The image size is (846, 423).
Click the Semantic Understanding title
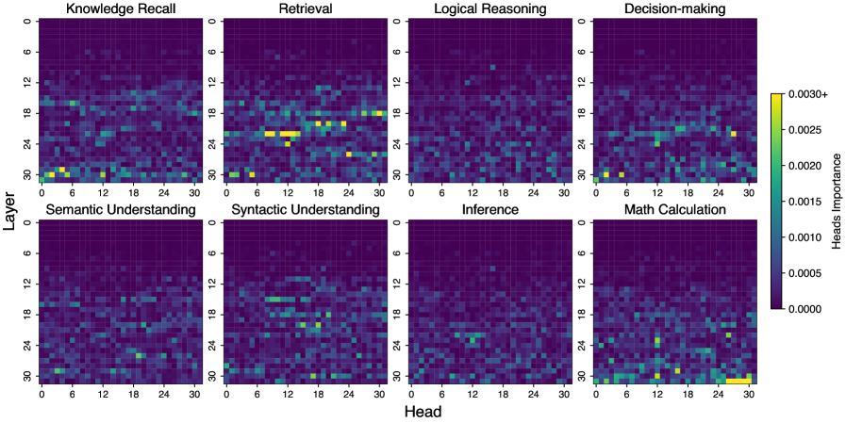pos(116,209)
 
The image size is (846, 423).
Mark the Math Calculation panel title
pos(674,209)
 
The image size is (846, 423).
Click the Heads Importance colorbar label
pos(837,202)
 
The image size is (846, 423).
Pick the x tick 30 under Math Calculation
pos(749,393)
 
